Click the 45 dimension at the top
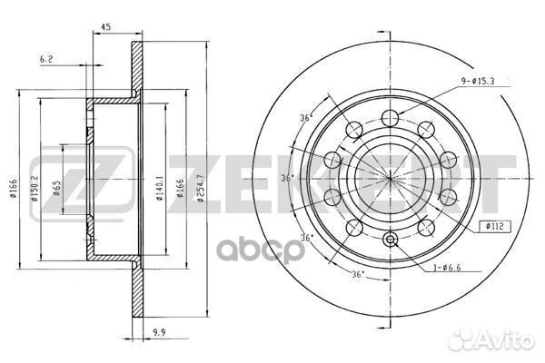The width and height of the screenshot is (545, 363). (105, 27)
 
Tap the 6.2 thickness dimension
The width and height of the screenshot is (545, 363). (46, 59)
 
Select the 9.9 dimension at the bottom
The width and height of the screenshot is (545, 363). (159, 332)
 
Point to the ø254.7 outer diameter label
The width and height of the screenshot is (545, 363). (200, 190)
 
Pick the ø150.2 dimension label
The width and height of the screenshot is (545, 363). (35, 189)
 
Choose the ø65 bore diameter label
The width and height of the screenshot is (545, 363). (56, 188)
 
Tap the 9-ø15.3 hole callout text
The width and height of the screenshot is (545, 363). (478, 82)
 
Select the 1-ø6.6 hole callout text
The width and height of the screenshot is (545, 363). (447, 268)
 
